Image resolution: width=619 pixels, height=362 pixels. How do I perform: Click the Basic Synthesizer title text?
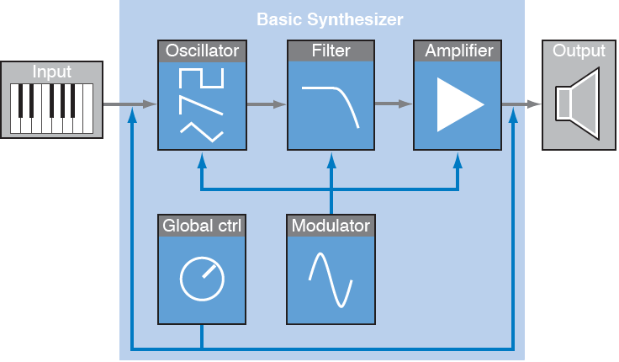coord(330,19)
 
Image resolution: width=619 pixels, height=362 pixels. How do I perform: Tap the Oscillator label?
coord(201,51)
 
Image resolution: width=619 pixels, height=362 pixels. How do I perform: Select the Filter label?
coord(331,51)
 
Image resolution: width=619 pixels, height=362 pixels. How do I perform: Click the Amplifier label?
coord(458,51)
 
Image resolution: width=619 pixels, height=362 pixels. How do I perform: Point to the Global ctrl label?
coord(201,226)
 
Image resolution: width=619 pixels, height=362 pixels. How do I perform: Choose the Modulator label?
coord(331,226)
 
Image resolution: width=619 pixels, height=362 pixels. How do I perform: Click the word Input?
coord(52,72)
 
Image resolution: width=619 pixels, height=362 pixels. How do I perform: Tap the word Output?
coord(579,51)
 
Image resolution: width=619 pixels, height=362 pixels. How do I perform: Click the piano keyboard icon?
coord(52,108)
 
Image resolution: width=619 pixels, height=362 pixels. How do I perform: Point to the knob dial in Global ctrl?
coord(202,279)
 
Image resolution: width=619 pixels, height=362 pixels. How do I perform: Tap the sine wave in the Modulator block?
coord(331,279)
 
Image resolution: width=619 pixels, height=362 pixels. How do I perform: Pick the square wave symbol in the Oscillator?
coord(202,79)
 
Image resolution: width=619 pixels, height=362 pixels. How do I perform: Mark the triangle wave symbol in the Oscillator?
coord(202,130)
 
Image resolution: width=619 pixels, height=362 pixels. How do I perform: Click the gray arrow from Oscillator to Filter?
coord(266,104)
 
